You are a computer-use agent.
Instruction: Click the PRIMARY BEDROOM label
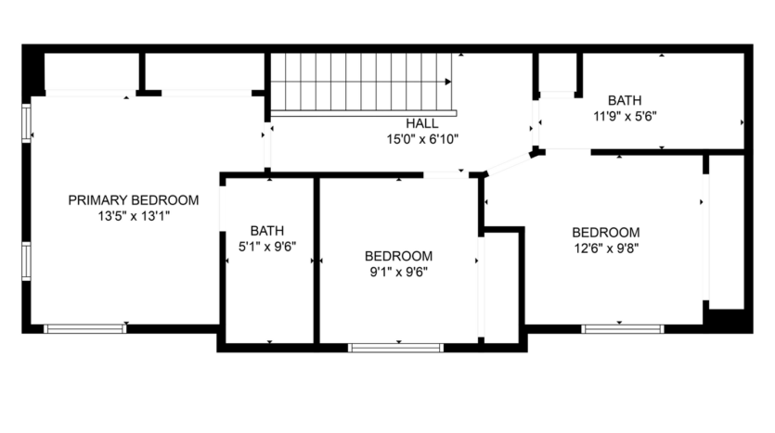point(134,199)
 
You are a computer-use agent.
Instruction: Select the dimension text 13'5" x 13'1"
point(134,215)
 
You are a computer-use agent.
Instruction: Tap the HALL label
point(421,123)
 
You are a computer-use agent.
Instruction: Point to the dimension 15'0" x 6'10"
point(421,139)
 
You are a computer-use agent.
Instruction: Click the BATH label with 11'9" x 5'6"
point(624,100)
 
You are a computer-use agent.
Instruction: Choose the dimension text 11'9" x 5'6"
point(624,116)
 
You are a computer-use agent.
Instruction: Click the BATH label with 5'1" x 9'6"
point(267,231)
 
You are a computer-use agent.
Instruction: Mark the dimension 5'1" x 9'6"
point(267,247)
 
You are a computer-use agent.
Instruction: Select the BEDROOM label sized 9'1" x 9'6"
point(398,256)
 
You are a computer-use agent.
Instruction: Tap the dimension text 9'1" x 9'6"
point(398,272)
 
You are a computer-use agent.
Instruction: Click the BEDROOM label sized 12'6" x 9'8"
point(605,232)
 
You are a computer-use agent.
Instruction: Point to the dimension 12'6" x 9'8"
point(605,248)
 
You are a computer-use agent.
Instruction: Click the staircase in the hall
point(362,83)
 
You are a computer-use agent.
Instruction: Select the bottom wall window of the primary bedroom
point(85,328)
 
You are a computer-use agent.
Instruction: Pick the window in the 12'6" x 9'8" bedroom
point(623,328)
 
